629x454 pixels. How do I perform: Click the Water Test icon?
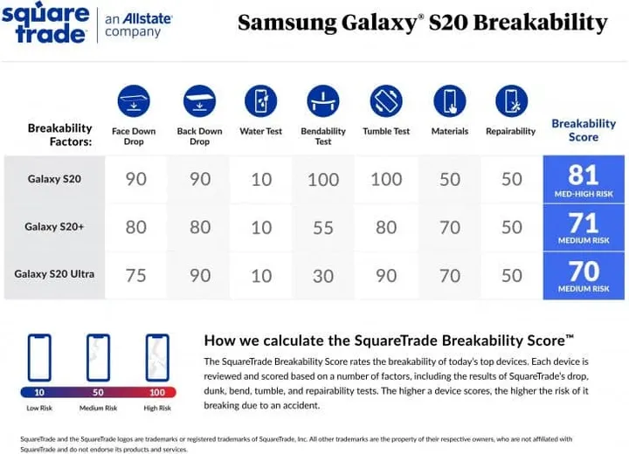coord(261,101)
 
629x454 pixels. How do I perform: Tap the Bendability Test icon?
coord(323,101)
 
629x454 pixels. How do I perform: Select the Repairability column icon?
coord(511,101)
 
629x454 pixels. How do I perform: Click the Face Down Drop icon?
coord(134,101)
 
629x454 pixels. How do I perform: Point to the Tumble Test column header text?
coord(386,132)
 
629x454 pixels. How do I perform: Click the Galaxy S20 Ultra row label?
coord(54,274)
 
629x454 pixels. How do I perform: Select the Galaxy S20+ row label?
coord(54,227)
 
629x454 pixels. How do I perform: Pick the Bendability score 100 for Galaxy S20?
coord(323,180)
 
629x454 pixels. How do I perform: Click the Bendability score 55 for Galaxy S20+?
coord(323,228)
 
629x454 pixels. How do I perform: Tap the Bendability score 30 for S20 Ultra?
coord(323,275)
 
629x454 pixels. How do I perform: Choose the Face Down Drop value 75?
coord(136,275)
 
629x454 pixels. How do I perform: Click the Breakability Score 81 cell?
coord(584,179)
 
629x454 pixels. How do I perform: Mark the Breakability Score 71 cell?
coord(584,226)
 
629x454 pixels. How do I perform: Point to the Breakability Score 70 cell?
coord(584,275)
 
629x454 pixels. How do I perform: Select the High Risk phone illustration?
coord(157,358)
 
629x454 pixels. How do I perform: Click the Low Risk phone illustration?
coord(39,358)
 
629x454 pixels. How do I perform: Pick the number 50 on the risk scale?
coord(99,393)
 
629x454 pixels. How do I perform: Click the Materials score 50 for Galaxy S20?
coord(450,180)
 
